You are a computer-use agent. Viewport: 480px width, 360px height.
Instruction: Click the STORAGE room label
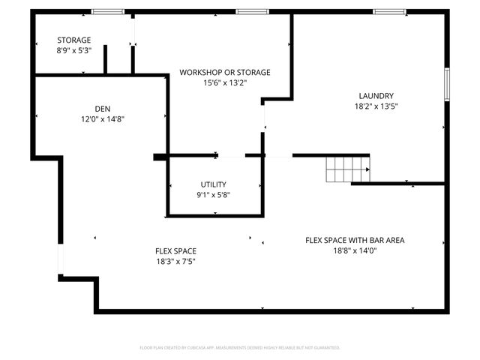click(x=73, y=40)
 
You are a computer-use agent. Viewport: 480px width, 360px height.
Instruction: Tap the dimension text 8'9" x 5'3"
click(x=73, y=51)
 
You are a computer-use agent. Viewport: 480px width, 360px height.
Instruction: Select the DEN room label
click(x=102, y=108)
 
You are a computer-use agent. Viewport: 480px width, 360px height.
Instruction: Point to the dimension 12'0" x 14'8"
click(x=102, y=118)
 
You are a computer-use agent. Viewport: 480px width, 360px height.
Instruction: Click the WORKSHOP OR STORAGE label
click(x=224, y=72)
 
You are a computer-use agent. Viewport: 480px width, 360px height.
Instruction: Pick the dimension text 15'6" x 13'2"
click(x=224, y=82)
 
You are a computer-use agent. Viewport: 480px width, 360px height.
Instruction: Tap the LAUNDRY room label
click(x=376, y=95)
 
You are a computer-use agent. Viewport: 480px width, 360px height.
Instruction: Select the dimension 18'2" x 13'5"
click(x=376, y=106)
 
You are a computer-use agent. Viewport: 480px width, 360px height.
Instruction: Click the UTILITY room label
click(x=213, y=184)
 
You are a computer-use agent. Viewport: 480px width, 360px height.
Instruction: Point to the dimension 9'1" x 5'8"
click(x=213, y=195)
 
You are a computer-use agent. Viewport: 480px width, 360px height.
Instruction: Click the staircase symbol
click(x=347, y=169)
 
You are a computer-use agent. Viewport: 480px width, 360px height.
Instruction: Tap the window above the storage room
click(x=107, y=11)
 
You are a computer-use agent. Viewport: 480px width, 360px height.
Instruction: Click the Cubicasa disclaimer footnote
click(x=240, y=347)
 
